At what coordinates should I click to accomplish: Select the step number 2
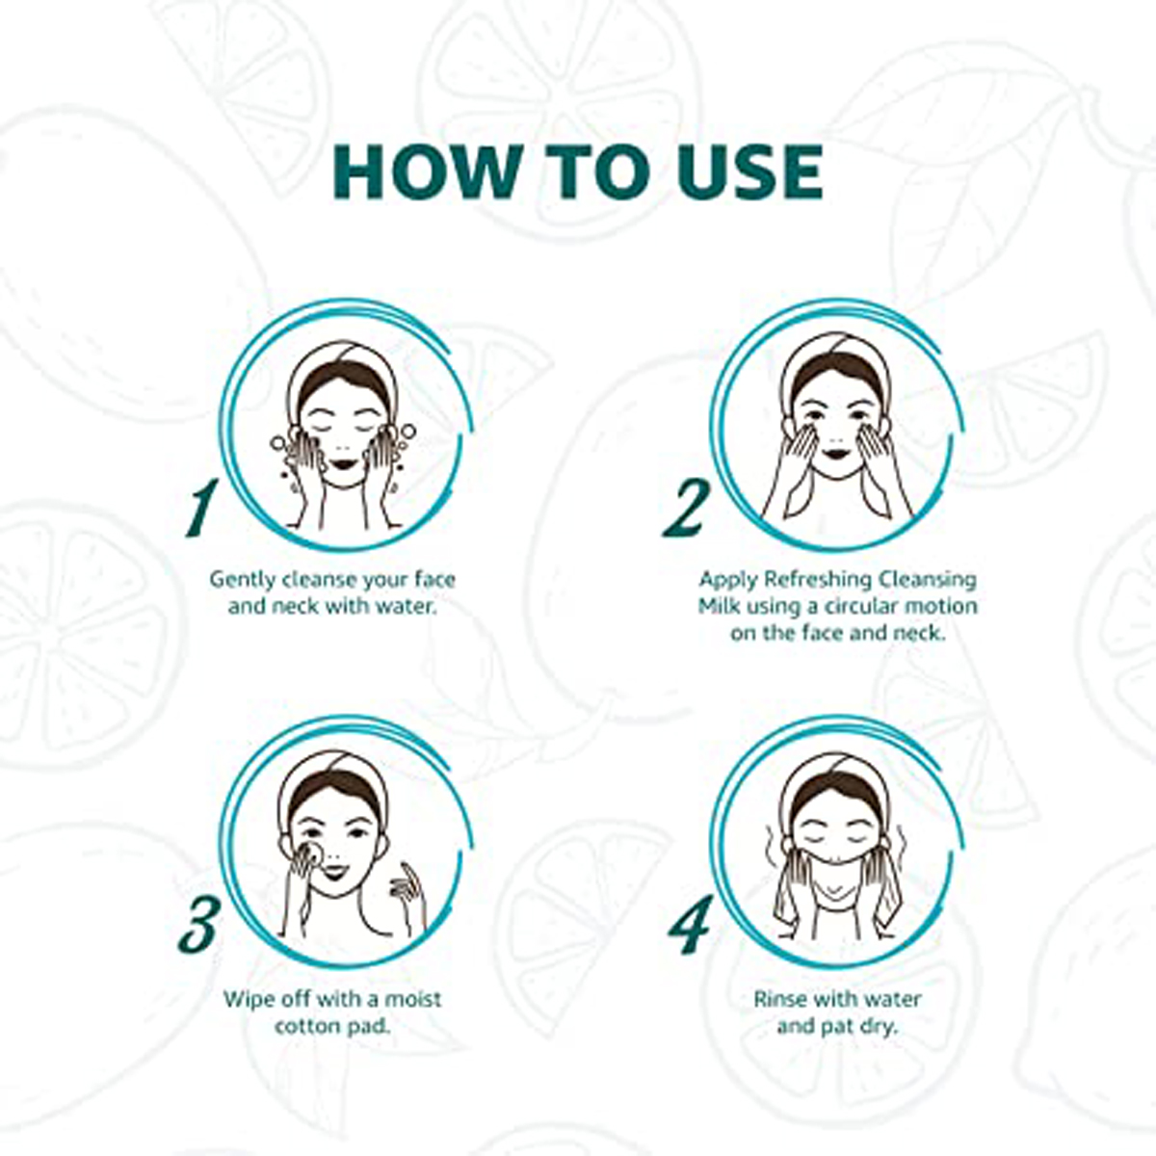(686, 508)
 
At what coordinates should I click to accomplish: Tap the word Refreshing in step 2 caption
(817, 580)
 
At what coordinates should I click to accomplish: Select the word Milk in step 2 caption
(715, 606)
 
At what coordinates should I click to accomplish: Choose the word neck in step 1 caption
(296, 607)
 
